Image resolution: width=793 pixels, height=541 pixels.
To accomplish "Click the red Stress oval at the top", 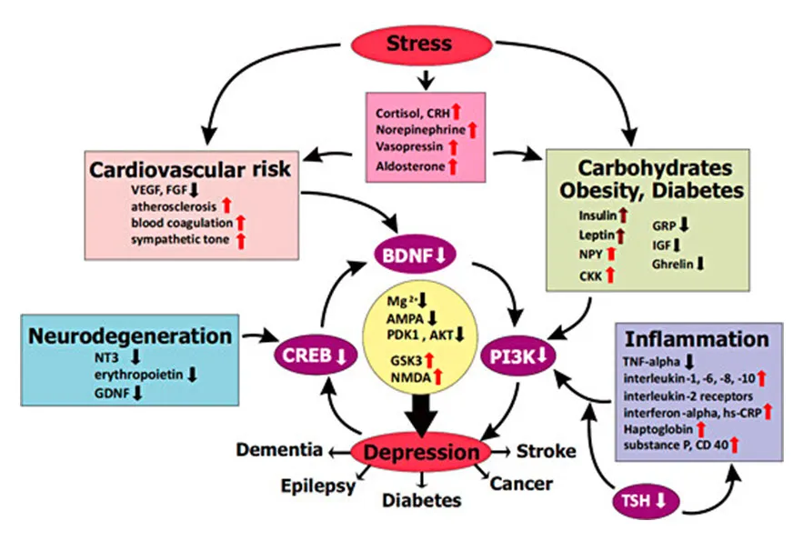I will (x=419, y=43).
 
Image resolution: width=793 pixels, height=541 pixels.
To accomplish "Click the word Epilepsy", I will (x=317, y=485).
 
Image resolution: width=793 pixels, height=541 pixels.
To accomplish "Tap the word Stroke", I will (x=546, y=451).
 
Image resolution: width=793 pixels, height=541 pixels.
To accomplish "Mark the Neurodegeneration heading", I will (x=129, y=336).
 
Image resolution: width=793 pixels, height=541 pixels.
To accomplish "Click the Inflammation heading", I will (x=698, y=338).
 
